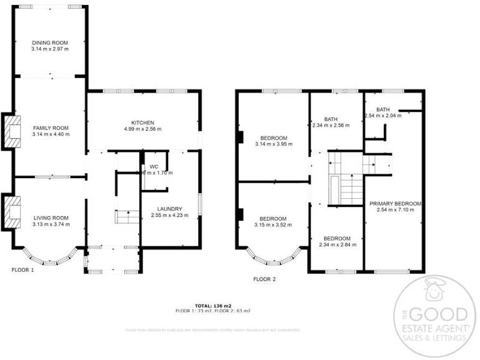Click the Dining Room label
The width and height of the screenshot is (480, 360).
coord(51,42)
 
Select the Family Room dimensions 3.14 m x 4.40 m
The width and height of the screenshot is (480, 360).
coord(51,134)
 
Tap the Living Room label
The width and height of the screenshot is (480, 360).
coord(51,217)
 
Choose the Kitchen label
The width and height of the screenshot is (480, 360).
coord(142,122)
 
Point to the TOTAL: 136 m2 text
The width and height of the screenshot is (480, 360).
coord(213,305)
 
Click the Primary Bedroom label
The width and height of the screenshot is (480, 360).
coord(395,204)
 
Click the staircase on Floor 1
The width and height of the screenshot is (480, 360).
coord(127,217)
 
